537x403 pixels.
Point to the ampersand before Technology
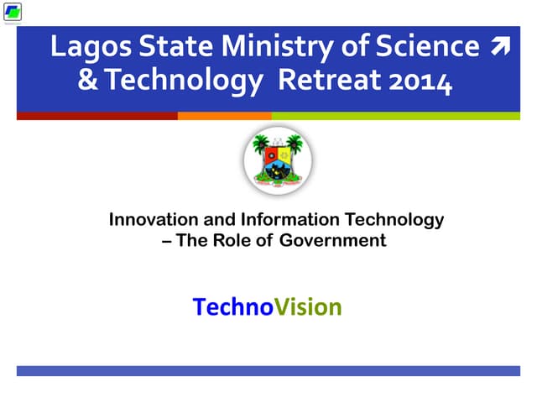(x=86, y=82)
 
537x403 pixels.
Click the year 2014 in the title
(x=418, y=82)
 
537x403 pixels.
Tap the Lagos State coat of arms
(x=277, y=162)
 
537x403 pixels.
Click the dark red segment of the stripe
(x=96, y=116)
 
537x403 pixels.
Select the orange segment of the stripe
(x=224, y=116)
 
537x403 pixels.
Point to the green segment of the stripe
(x=394, y=116)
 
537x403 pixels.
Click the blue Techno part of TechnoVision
(x=233, y=307)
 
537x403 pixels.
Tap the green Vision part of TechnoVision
(x=309, y=307)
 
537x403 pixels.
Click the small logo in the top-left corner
(x=13, y=13)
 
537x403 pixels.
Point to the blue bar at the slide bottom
(x=268, y=370)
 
